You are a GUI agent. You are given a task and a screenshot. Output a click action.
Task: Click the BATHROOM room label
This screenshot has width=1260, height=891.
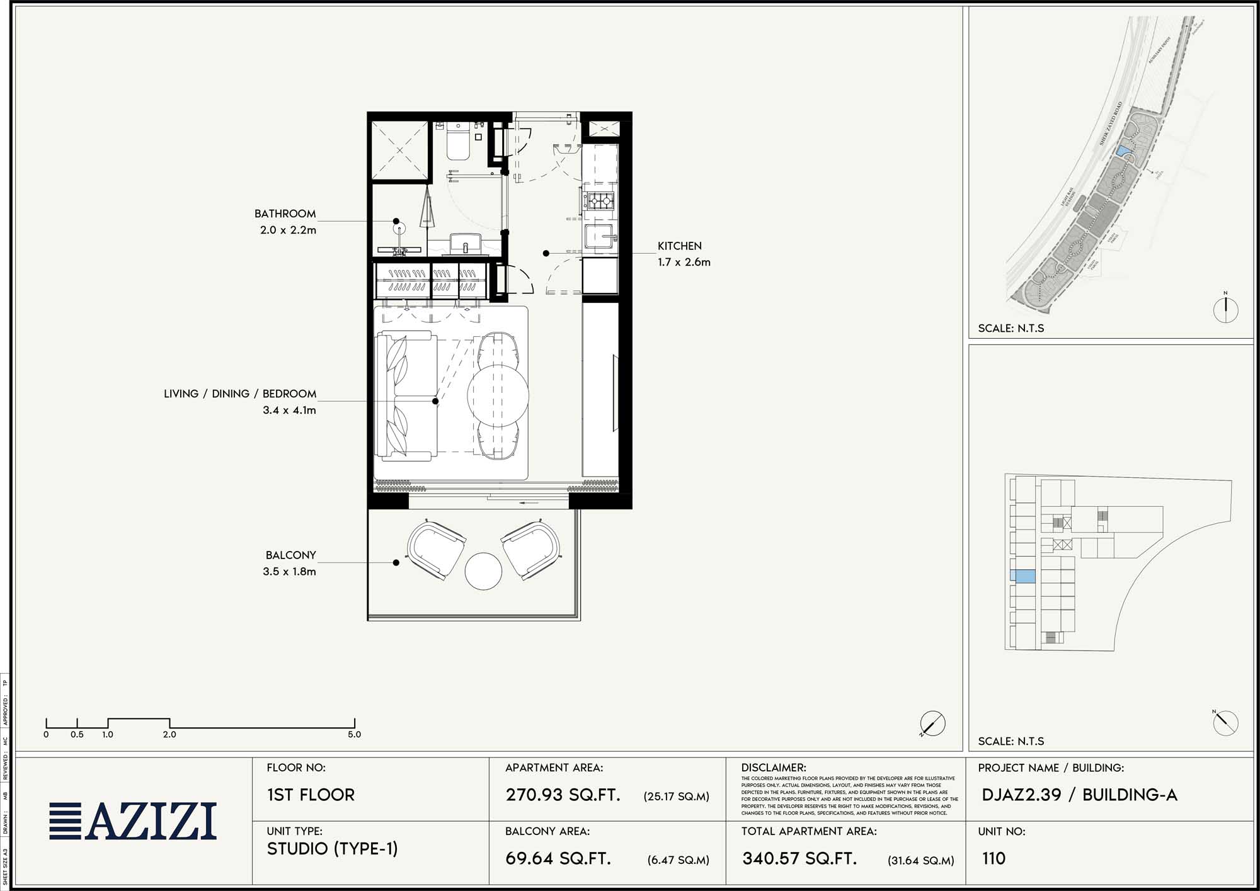[x=285, y=213]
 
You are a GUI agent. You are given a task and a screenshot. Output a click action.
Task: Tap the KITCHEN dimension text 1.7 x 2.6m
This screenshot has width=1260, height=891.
[x=684, y=262]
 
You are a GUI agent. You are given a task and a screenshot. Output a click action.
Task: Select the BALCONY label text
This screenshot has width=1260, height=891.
[x=290, y=555]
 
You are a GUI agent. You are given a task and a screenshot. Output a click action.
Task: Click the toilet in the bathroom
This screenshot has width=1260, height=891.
[x=457, y=142]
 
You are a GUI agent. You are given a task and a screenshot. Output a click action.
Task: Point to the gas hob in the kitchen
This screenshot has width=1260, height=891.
[x=598, y=201]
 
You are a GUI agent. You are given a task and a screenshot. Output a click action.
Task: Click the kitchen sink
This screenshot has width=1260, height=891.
[x=598, y=236]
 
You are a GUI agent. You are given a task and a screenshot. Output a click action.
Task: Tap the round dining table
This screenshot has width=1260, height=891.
[x=498, y=395]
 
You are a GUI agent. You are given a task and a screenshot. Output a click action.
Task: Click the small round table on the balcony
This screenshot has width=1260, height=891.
[x=483, y=571]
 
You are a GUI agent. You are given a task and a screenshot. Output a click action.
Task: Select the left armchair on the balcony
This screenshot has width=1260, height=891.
[x=436, y=550]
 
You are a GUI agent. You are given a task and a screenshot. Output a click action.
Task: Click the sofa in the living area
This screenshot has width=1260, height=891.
[x=406, y=395]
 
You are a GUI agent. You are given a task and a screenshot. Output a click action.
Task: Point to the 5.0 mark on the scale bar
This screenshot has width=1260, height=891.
[x=354, y=734]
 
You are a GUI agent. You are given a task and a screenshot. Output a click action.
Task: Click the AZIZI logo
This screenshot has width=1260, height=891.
[x=134, y=821]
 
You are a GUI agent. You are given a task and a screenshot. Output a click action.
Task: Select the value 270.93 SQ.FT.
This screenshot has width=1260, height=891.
[x=563, y=795]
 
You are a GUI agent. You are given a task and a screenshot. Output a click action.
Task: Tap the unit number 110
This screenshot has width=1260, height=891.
[x=994, y=858]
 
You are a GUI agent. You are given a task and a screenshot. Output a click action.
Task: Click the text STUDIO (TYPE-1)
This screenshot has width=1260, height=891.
[x=332, y=849]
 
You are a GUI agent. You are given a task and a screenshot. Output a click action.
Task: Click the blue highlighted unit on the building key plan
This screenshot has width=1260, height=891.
[x=1022, y=576]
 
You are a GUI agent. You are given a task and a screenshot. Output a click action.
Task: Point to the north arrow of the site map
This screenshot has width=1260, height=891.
[x=1225, y=309]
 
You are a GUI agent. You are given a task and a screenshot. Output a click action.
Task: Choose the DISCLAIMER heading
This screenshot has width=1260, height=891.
[x=773, y=768]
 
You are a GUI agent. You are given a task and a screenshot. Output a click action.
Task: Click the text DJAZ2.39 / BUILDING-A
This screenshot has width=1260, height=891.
[x=1079, y=795]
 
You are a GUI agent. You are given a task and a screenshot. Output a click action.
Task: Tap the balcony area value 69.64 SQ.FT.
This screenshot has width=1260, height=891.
[x=558, y=858]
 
